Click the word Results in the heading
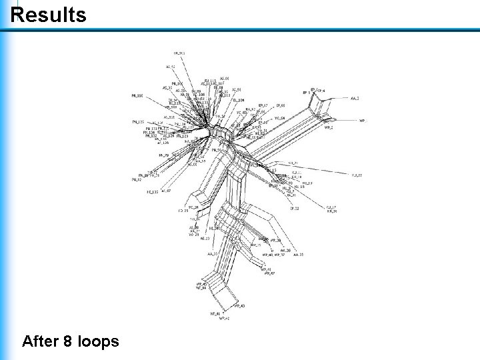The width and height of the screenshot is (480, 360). coord(49,14)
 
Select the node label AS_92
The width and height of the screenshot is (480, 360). coord(171,67)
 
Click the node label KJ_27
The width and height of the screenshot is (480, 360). coord(357,175)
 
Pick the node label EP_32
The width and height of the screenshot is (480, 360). coord(295,209)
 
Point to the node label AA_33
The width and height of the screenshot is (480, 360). coord(212,254)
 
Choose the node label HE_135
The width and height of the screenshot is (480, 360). coord(153,192)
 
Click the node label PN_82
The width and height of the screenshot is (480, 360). coord(137,179)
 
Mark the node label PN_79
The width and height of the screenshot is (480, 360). coord(163,155)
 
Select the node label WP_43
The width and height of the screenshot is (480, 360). coord(239,305)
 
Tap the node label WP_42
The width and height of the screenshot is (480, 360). coord(224,319)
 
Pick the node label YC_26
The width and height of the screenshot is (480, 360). coord(193,207)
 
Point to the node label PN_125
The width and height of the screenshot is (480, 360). coord(138,122)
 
